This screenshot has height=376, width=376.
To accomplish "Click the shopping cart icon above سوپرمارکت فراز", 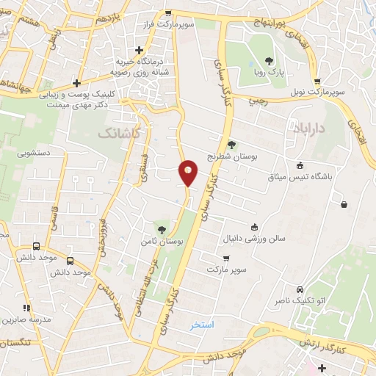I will click(x=167, y=13).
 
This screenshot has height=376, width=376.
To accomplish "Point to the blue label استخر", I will click(x=201, y=325).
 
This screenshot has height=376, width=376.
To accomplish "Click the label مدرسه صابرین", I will click(x=28, y=320).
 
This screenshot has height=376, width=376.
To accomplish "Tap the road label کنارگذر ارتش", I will click(x=330, y=344).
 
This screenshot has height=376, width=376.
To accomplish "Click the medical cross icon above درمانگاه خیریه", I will click(x=139, y=50).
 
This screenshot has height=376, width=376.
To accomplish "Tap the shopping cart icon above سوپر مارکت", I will click(x=225, y=258).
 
